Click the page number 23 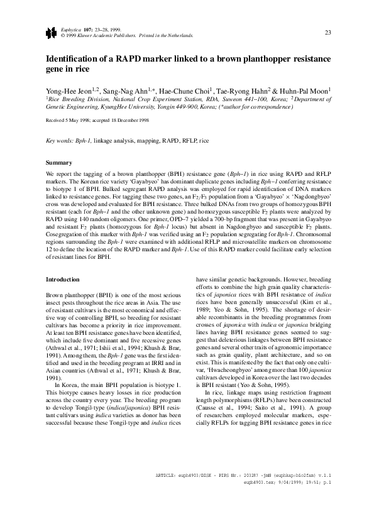(x=328, y=33)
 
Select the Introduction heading (x=63, y=279)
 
